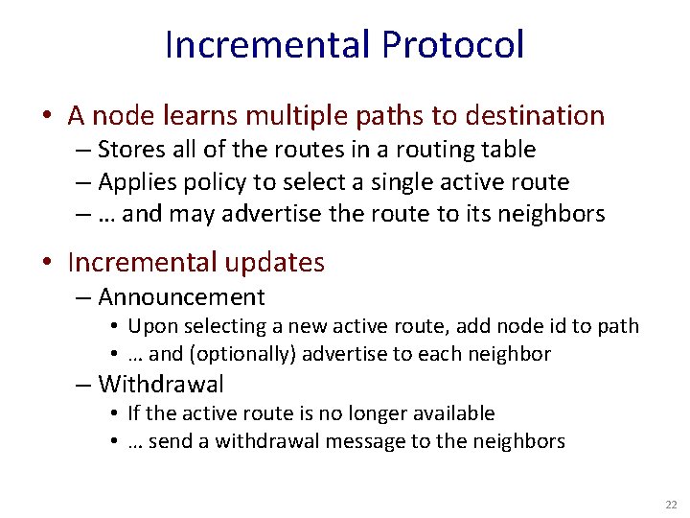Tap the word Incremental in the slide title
[x=267, y=45]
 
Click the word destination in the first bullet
[x=535, y=116]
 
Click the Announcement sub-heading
[x=181, y=297]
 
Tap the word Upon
[x=149, y=326]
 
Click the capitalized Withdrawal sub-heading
[x=161, y=385]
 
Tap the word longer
[x=372, y=413]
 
